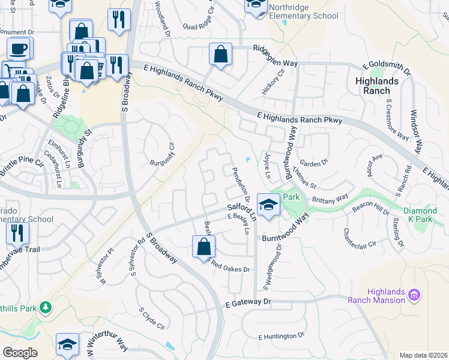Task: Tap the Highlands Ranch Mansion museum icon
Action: pyautogui.click(x=413, y=295)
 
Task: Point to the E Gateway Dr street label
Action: pyautogui.click(x=249, y=304)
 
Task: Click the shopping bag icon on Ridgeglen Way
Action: pyautogui.click(x=220, y=53)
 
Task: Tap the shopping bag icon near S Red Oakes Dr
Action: pyautogui.click(x=203, y=246)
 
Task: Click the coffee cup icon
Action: pyautogui.click(x=19, y=48)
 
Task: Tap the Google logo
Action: pyautogui.click(x=20, y=352)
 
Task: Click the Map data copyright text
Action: pyautogui.click(x=423, y=355)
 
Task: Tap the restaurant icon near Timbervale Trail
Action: pyautogui.click(x=17, y=233)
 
